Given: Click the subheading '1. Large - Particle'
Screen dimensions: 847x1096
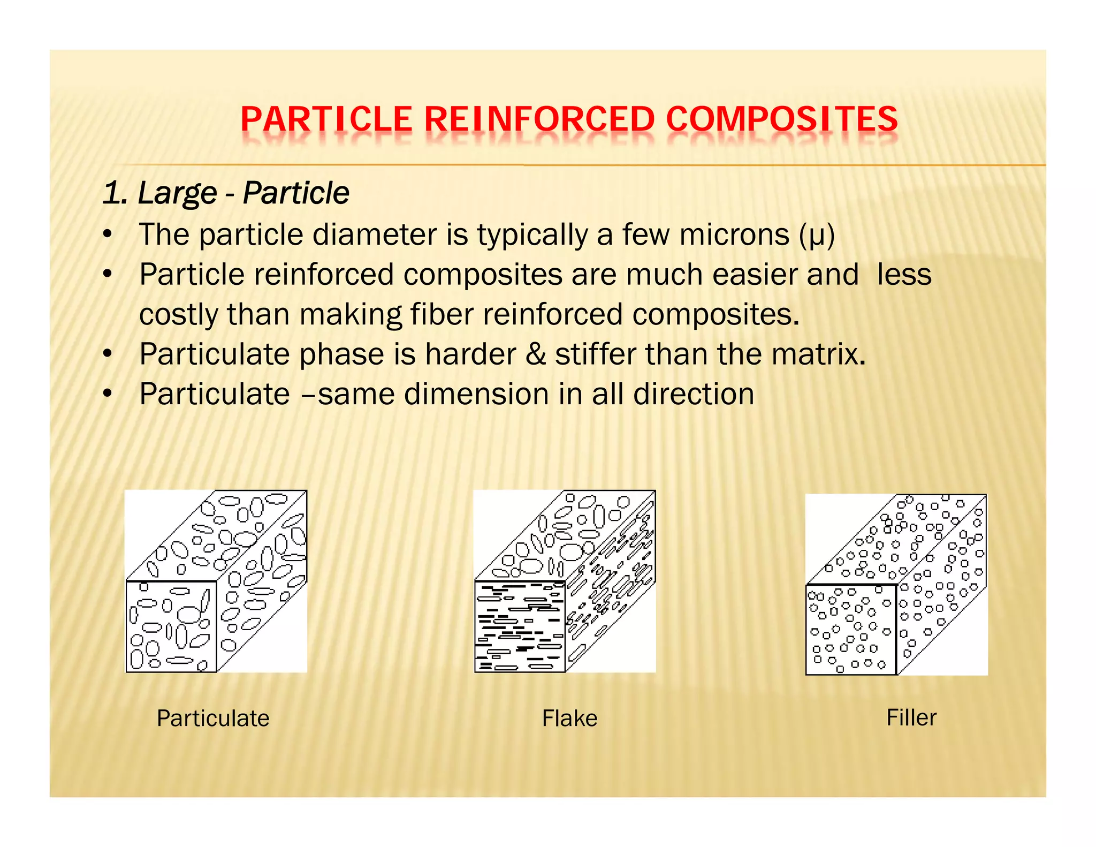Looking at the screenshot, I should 226,193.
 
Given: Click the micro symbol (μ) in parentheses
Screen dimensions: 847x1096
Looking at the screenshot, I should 817,236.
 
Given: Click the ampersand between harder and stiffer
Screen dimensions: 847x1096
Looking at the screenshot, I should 535,354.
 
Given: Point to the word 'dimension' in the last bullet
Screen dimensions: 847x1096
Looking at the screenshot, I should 476,395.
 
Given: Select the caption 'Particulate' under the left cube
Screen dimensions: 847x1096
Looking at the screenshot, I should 213,718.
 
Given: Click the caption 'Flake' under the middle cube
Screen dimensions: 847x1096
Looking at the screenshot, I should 569,718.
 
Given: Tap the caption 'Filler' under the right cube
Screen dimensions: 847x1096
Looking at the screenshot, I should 911,717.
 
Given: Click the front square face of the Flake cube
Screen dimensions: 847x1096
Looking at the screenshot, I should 520,626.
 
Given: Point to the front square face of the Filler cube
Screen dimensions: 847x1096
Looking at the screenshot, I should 851,630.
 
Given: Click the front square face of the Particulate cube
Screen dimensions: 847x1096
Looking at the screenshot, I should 171,626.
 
